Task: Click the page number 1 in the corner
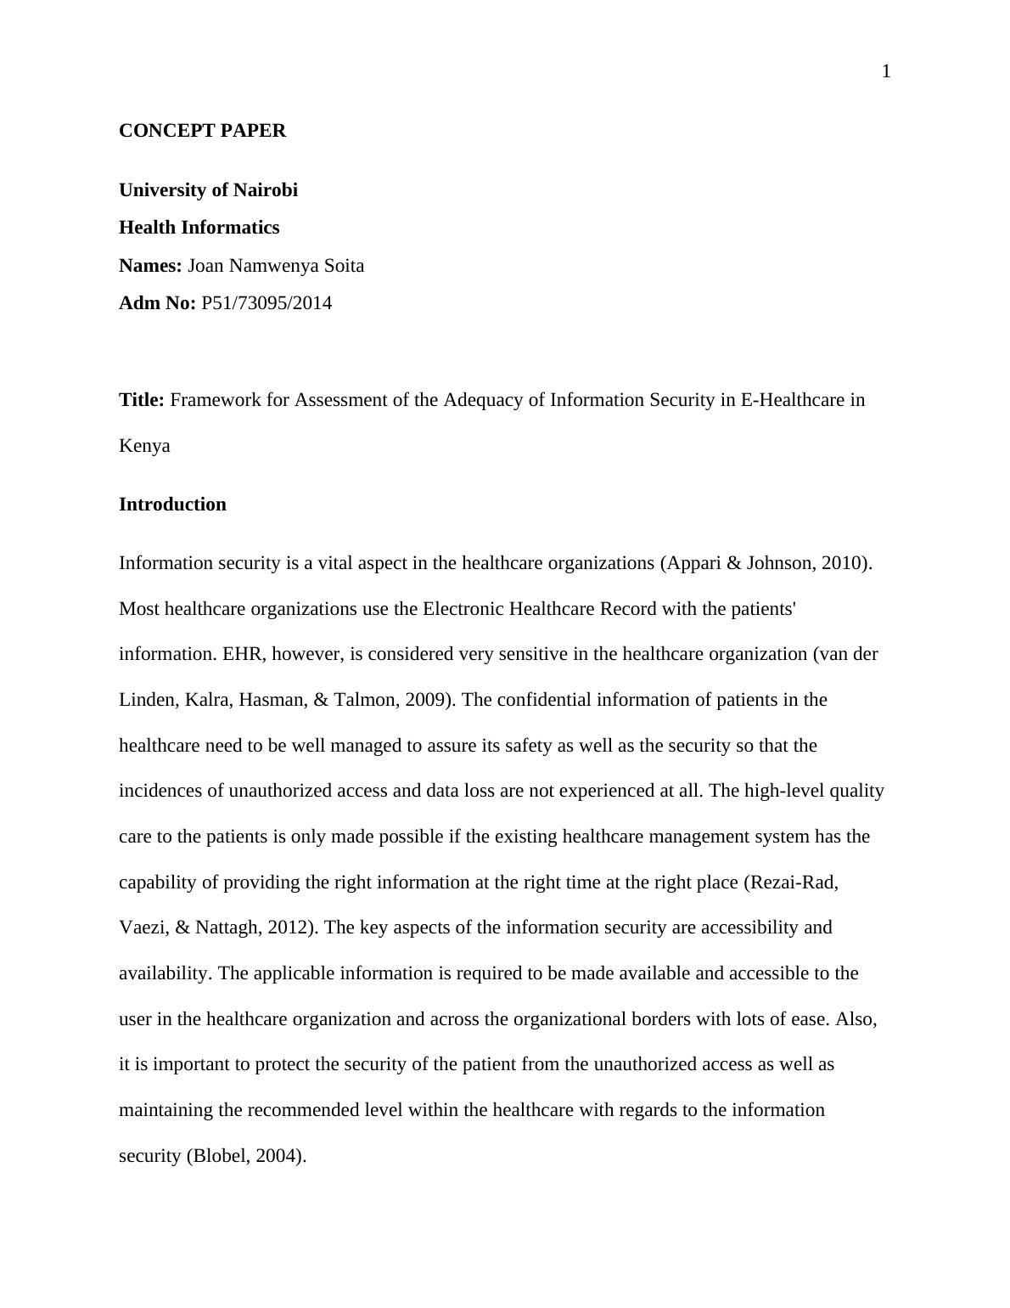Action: [886, 72]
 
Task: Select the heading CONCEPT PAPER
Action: [202, 131]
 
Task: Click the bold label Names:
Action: [150, 266]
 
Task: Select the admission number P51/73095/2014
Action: [267, 303]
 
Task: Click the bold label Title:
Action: [141, 400]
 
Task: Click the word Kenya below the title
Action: [144, 446]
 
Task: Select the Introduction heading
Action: [172, 505]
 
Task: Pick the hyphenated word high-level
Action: [785, 791]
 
